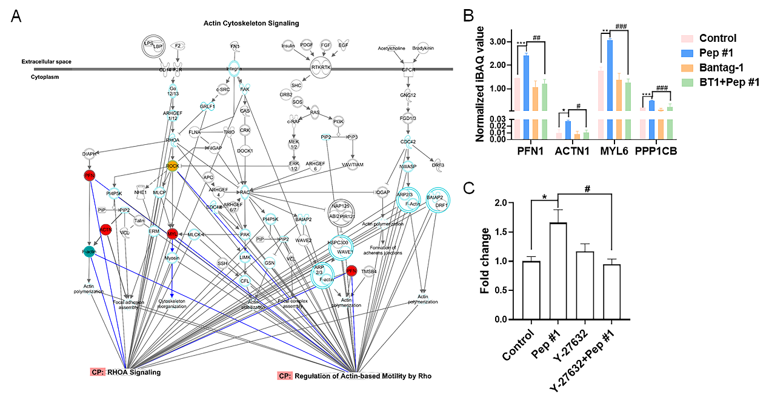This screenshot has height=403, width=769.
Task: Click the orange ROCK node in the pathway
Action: [x=172, y=165]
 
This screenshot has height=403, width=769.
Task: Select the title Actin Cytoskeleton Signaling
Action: [x=251, y=24]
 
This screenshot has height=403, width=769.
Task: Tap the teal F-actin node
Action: [x=89, y=251]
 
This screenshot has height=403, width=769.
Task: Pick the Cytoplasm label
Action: [x=46, y=77]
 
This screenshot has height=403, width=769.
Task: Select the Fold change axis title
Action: [x=485, y=261]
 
